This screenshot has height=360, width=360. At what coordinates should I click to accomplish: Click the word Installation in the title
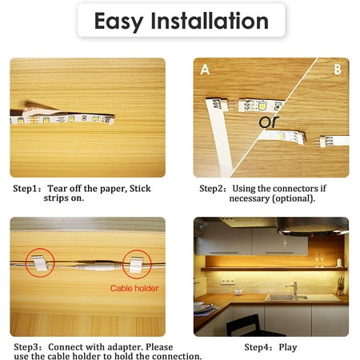(210, 21)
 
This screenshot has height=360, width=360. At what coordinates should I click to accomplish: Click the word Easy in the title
(119, 22)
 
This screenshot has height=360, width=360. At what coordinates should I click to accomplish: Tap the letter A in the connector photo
(205, 70)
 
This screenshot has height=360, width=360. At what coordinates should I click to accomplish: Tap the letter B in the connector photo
(338, 70)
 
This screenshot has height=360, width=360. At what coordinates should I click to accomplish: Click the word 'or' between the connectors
(269, 122)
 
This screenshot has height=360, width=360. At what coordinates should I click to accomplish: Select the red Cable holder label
(134, 288)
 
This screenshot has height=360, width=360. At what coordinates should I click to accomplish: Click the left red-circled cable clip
(40, 263)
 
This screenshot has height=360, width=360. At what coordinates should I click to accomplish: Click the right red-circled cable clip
(136, 265)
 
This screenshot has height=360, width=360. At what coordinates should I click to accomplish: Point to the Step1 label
(26, 189)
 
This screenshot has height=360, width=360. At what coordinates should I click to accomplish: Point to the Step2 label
(213, 189)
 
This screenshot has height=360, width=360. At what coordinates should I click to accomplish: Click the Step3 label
(27, 347)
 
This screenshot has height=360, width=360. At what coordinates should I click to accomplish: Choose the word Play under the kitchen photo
(288, 348)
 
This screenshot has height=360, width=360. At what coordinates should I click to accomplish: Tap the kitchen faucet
(294, 290)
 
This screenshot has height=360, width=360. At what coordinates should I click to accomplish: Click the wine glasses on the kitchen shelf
(319, 259)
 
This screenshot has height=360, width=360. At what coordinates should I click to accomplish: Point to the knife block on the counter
(340, 286)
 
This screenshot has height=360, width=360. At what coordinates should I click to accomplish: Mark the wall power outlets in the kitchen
(228, 281)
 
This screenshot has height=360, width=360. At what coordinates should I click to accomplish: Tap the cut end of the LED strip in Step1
(111, 120)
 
